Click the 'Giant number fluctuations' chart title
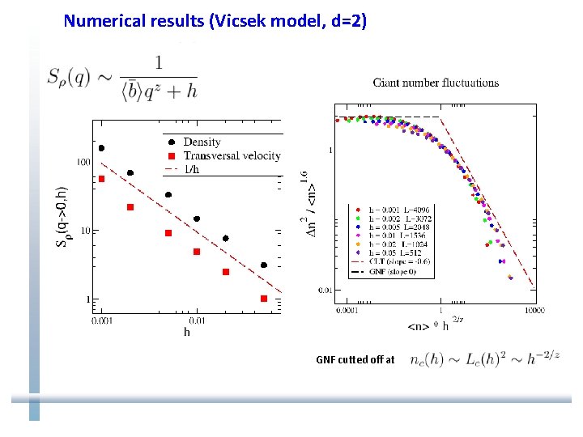(x=436, y=82)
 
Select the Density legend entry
(x=202, y=142)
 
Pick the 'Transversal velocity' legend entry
(x=232, y=155)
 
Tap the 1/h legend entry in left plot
(x=194, y=168)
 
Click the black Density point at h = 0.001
(x=101, y=148)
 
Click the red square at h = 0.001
(x=101, y=179)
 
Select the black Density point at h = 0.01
(x=197, y=218)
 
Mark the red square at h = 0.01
(x=197, y=252)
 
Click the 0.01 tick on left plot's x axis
(x=196, y=320)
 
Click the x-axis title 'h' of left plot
(x=187, y=332)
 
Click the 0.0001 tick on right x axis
(x=349, y=310)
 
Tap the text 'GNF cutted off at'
(x=355, y=359)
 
